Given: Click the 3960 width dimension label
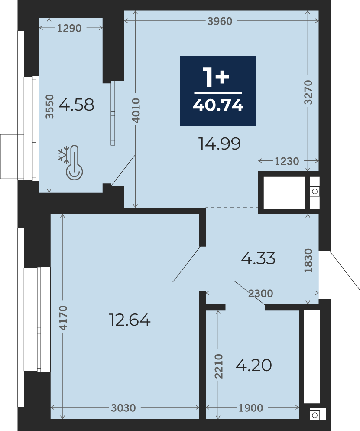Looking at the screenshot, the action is (x=220, y=21).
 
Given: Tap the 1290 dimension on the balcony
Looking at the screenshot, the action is (x=69, y=28).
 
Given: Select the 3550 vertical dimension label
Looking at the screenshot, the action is (x=50, y=107).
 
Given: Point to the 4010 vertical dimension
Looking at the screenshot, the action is (x=136, y=110).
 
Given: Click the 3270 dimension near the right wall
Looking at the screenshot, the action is (x=308, y=92).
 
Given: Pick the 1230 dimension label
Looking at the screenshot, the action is (x=287, y=161).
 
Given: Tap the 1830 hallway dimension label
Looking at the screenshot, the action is (x=308, y=260).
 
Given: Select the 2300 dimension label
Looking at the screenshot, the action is (x=261, y=294).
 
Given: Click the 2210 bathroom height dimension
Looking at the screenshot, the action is (x=219, y=366).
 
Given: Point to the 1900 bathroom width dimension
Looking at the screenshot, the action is (x=251, y=408).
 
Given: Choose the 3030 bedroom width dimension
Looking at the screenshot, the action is (x=123, y=408).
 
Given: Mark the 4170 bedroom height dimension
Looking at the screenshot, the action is (x=63, y=318).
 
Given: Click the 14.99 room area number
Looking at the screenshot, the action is (x=219, y=144).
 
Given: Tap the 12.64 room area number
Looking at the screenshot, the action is (x=130, y=320).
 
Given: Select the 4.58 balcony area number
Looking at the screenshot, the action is (x=76, y=105).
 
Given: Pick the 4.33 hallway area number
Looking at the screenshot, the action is (x=258, y=258).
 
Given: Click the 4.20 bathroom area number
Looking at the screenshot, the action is (x=254, y=365).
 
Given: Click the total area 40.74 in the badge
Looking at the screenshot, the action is (x=218, y=105).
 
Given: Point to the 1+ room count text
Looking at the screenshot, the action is (x=216, y=77).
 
